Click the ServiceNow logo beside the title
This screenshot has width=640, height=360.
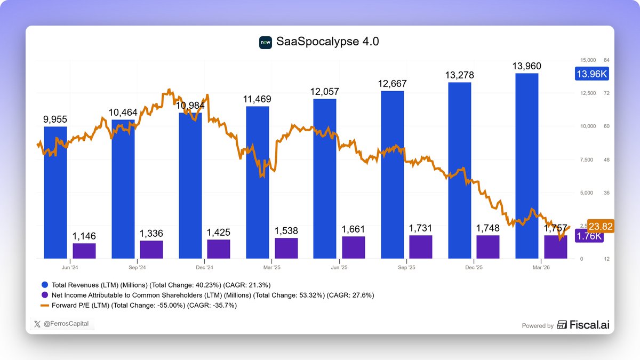click(x=266, y=42)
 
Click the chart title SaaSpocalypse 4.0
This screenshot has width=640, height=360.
click(x=327, y=42)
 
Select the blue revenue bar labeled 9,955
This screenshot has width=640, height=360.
click(x=55, y=192)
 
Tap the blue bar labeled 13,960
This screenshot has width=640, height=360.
click(x=527, y=165)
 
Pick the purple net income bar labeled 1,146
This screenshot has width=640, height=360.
click(x=84, y=251)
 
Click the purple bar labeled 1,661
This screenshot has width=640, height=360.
click(x=354, y=247)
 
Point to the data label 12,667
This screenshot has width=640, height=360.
click(x=392, y=84)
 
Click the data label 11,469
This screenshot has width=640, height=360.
click(x=257, y=99)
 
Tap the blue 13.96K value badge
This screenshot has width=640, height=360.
click(x=591, y=74)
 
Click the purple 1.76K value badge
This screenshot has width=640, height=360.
click(x=589, y=236)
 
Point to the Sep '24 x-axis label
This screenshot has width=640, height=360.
click(x=137, y=267)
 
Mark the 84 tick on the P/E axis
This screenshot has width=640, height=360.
click(x=606, y=60)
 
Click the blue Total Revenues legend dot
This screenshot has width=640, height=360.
click(x=45, y=285)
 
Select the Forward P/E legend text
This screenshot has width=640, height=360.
click(x=144, y=306)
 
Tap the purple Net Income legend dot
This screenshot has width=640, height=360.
click(x=45, y=295)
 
